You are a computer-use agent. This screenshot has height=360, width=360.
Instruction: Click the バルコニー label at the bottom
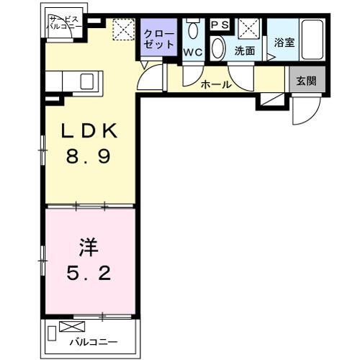tap(93, 342)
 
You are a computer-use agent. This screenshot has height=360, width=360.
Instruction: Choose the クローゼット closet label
tap(158, 39)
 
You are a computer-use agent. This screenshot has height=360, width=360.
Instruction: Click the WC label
tap(193, 52)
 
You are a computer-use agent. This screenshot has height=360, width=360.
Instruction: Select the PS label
tap(220, 24)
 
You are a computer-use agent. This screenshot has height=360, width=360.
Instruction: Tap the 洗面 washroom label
tap(245, 52)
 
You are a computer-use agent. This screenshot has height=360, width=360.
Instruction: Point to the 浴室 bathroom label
tap(284, 42)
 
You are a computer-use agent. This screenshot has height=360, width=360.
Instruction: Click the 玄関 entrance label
tap(306, 80)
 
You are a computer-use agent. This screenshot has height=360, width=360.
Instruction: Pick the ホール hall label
tap(216, 85)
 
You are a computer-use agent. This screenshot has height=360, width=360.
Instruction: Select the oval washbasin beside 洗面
tap(218, 48)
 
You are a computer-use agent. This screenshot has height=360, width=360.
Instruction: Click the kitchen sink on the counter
tap(87, 79)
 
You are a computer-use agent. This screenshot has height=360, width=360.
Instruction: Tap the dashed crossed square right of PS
tap(250, 29)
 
